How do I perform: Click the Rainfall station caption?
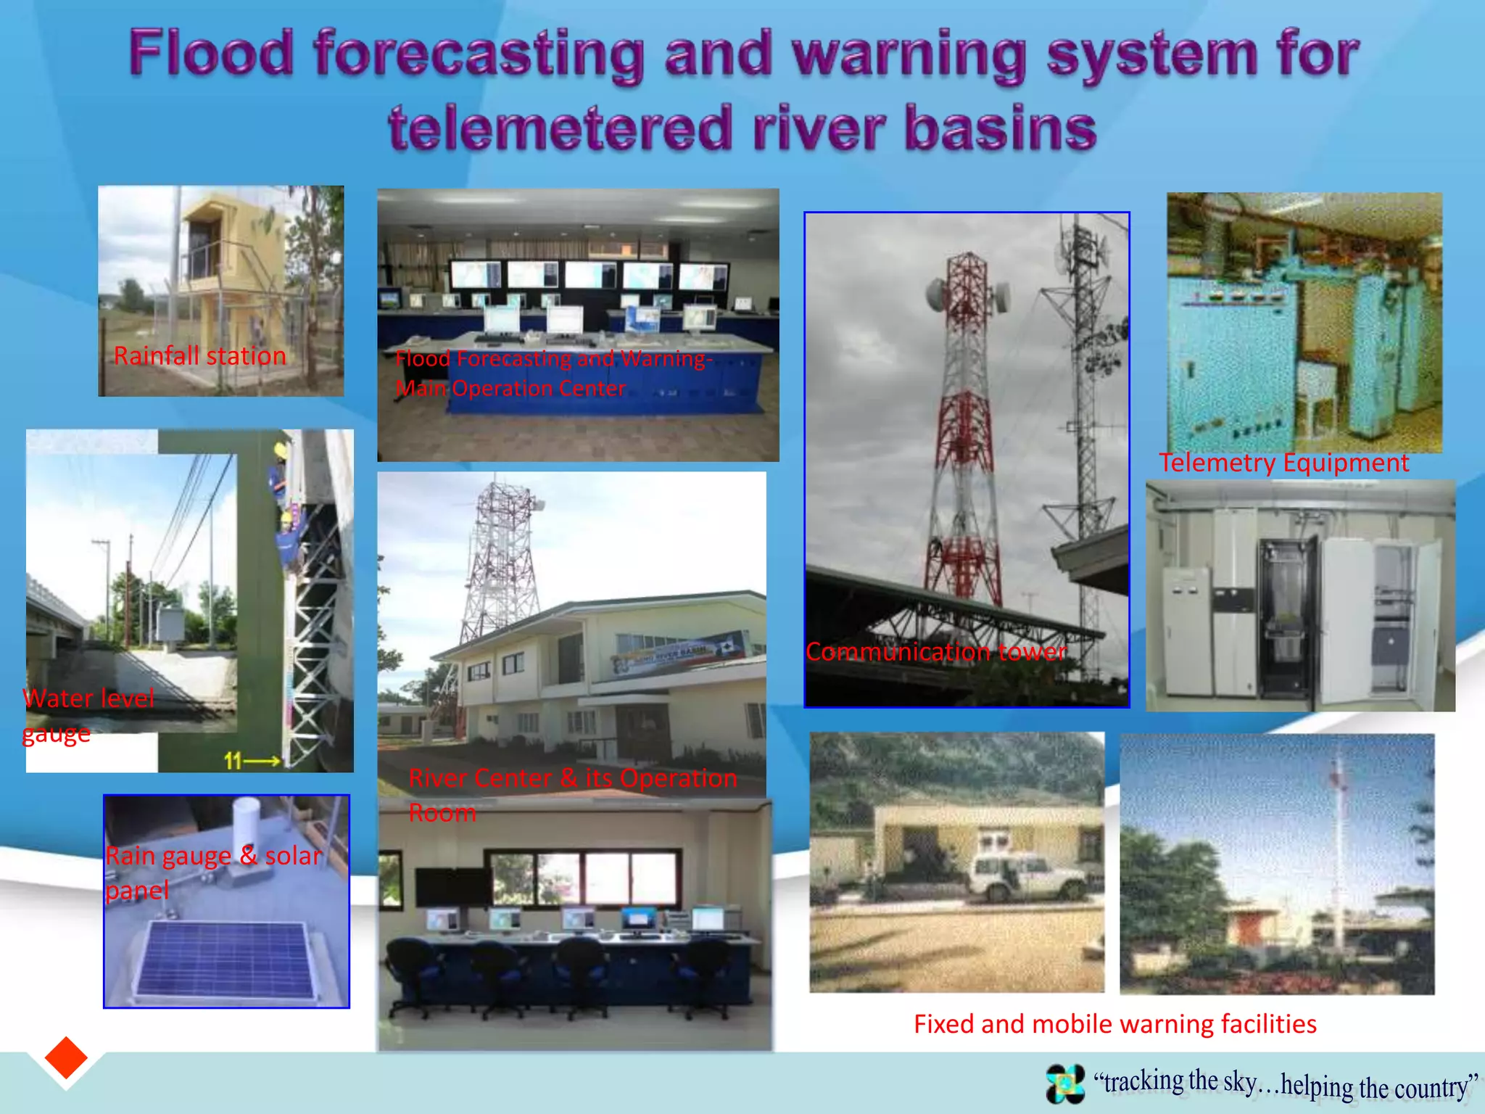pos(199,355)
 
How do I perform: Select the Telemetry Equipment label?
pos(1283,463)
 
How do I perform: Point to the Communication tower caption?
pos(935,651)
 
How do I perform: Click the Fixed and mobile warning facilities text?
pos(1114,1023)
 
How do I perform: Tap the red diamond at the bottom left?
pos(66,1057)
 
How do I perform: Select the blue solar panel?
pos(225,959)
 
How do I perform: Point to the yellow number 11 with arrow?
pos(251,761)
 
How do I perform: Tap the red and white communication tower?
pos(964,428)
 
